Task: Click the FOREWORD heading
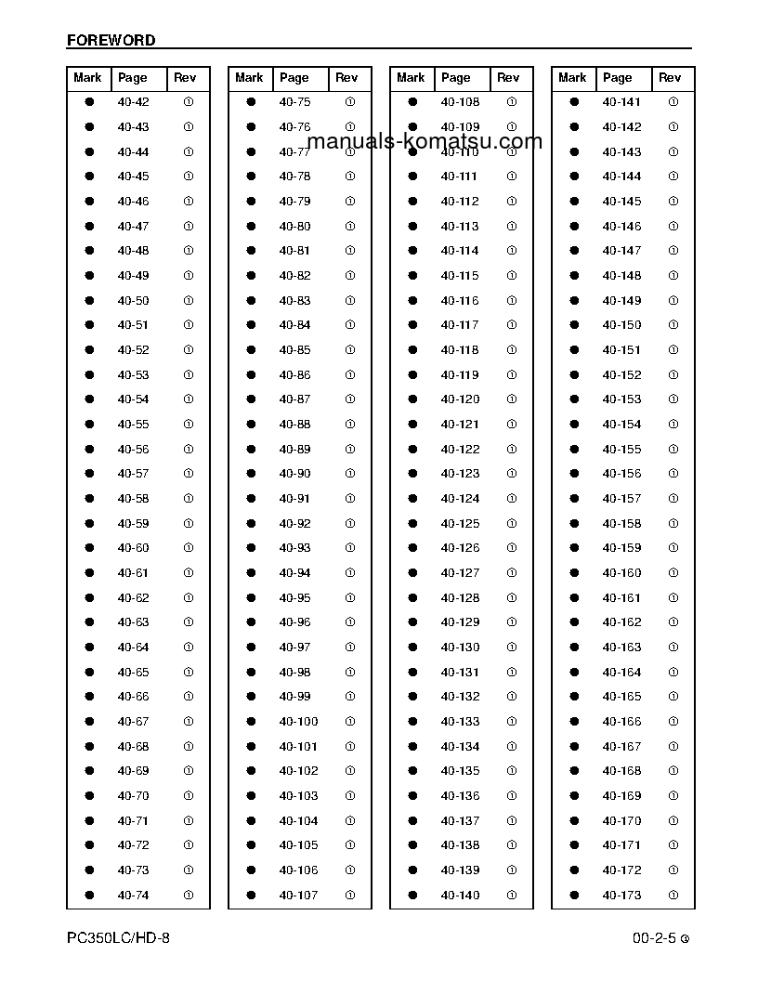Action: click(x=111, y=40)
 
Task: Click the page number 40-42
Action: click(x=133, y=102)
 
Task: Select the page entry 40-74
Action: click(x=133, y=895)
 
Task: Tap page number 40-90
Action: click(x=294, y=474)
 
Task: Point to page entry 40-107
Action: click(x=298, y=895)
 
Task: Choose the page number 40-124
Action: click(x=460, y=499)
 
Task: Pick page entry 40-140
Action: click(x=460, y=895)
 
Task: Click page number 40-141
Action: click(x=621, y=102)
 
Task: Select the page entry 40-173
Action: click(x=621, y=895)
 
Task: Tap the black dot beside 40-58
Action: click(x=90, y=499)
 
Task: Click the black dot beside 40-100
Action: click(x=252, y=722)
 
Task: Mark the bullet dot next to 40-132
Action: click(x=413, y=697)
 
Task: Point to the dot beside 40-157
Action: click(x=575, y=499)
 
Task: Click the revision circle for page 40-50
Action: click(x=189, y=301)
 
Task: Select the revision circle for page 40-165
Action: click(x=673, y=697)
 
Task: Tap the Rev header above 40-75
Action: click(x=346, y=78)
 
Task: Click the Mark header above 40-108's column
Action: click(x=411, y=78)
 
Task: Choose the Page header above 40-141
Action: click(x=617, y=78)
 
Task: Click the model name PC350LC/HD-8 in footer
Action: click(x=118, y=938)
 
